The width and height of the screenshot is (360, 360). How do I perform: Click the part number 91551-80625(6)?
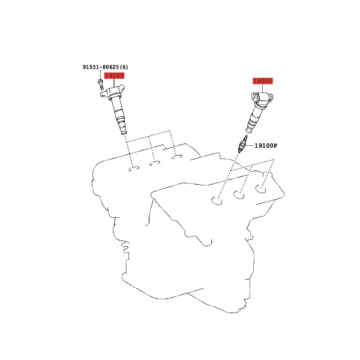click(106, 67)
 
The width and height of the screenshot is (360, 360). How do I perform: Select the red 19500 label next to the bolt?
click(115, 76)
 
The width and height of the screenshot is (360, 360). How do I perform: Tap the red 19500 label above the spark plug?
click(263, 81)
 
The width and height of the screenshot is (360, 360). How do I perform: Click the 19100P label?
click(266, 146)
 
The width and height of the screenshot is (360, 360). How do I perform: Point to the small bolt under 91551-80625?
click(100, 84)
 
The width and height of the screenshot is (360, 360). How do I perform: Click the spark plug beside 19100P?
click(242, 144)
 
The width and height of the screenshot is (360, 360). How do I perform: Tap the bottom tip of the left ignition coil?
click(124, 133)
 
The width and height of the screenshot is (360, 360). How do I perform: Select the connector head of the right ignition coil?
click(263, 98)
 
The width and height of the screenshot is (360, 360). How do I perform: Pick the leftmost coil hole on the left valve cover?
click(134, 169)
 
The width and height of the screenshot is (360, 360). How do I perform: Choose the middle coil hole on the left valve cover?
click(155, 163)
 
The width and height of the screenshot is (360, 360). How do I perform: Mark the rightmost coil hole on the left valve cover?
click(177, 157)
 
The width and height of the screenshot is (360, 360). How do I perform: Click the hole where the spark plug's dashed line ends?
click(217, 201)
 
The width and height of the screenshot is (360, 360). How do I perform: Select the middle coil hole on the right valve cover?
click(239, 195)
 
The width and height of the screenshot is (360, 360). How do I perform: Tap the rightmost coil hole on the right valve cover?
click(261, 189)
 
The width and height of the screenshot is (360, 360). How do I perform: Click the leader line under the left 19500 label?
click(114, 83)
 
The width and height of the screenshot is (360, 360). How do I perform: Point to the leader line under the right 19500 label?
click(262, 88)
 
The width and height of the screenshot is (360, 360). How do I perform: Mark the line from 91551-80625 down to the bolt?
click(100, 74)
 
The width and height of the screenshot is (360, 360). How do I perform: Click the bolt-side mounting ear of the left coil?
click(103, 93)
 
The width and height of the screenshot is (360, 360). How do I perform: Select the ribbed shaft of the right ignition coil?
click(253, 120)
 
